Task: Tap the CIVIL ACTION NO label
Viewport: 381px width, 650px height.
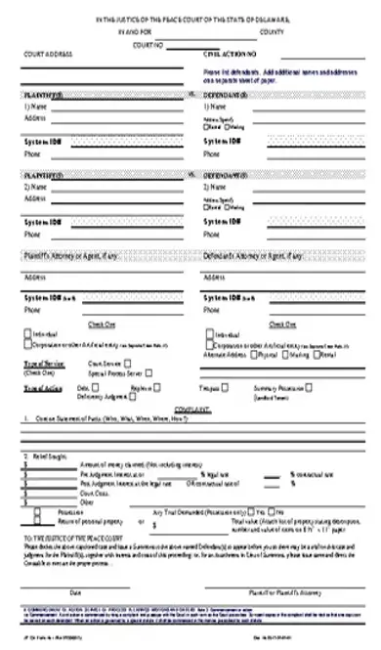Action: [231, 54]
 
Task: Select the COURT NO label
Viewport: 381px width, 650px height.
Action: [147, 44]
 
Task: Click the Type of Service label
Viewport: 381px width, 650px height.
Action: [40, 363]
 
